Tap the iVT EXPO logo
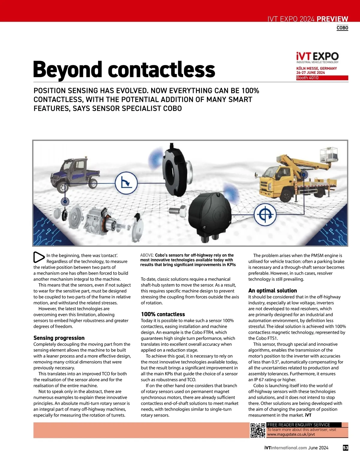(x=317, y=57)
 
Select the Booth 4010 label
(x=307, y=78)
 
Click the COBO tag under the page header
(x=342, y=28)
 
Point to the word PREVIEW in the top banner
(x=332, y=19)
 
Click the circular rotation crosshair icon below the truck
(x=265, y=214)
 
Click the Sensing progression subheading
(x=59, y=338)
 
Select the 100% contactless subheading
(x=163, y=314)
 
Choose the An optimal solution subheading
(x=272, y=291)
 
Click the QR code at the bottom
(x=258, y=430)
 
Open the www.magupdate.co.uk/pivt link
(x=291, y=434)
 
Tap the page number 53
(x=346, y=448)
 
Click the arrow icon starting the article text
(x=39, y=257)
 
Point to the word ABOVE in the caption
(x=147, y=255)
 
